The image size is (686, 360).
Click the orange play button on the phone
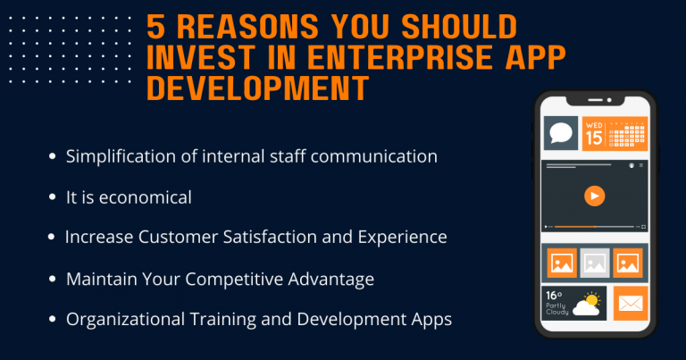pyautogui.click(x=594, y=196)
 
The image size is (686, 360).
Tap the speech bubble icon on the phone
pyautogui.click(x=561, y=134)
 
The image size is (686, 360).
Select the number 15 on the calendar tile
pyautogui.click(x=594, y=138)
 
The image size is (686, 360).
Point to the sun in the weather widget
pyautogui.click(x=592, y=297)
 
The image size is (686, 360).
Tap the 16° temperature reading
pyautogui.click(x=553, y=294)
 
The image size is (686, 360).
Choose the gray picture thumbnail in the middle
pyautogui.click(x=595, y=263)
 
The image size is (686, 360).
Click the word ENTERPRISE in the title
pyautogui.click(x=375, y=57)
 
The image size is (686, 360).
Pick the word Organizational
pyautogui.click(x=124, y=319)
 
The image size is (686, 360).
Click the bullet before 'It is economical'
pyautogui.click(x=52, y=197)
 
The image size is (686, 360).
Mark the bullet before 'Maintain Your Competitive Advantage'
pyautogui.click(x=52, y=279)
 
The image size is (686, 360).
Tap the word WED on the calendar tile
pyautogui.click(x=594, y=125)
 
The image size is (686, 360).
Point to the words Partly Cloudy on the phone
pyautogui.click(x=556, y=309)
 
